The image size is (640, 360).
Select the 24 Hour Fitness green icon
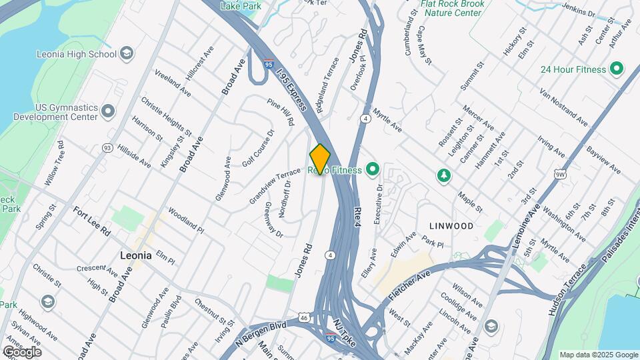(x=617, y=69)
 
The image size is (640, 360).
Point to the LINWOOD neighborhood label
(x=451, y=226)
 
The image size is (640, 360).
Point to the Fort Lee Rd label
(x=91, y=221)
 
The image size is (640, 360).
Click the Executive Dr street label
(x=377, y=204)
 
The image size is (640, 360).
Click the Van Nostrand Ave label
(x=563, y=107)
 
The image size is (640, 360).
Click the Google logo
(x=22, y=352)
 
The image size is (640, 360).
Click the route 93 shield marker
(x=107, y=147)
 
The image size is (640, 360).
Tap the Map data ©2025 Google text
(x=598, y=355)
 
